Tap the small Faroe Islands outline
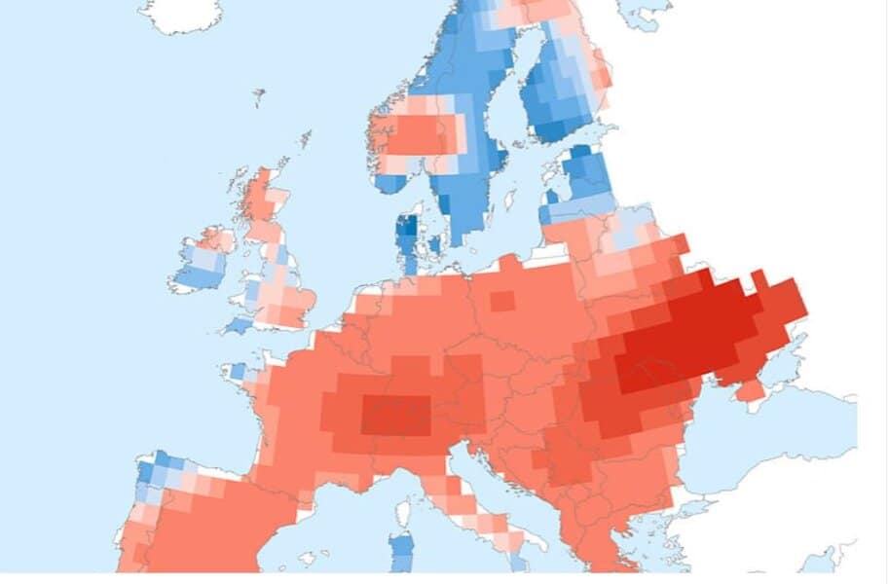259,97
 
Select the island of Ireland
202,260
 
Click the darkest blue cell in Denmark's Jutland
408,228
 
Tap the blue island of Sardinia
402,551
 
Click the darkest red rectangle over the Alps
396,416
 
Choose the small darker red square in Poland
501,301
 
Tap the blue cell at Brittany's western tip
238,371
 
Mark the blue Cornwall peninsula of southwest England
238,324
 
